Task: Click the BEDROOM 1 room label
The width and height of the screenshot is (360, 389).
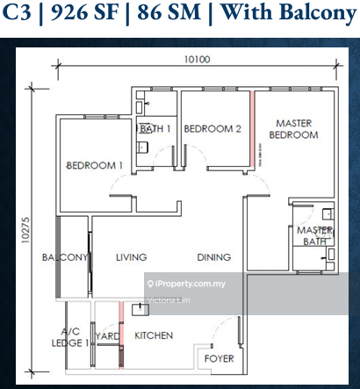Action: (95, 165)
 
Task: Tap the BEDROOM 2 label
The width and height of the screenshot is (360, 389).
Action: (212, 129)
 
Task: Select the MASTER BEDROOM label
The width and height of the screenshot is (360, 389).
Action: (293, 129)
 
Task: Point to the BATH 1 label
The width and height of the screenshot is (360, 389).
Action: (155, 129)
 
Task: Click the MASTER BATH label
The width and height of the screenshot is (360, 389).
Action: (312, 235)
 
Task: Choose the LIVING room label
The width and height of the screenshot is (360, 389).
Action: (131, 257)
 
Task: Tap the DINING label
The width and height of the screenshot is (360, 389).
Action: (213, 257)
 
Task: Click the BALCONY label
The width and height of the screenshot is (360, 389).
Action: (64, 257)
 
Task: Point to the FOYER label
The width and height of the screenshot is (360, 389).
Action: (219, 359)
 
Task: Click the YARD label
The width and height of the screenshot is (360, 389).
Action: (108, 335)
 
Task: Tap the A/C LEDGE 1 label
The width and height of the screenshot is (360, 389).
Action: (74, 337)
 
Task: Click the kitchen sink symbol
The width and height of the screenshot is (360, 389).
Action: (139, 309)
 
